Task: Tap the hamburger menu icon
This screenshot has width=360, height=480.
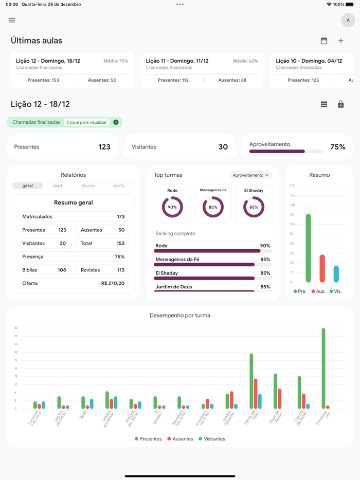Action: [12, 21]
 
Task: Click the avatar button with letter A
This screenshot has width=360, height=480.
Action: [348, 21]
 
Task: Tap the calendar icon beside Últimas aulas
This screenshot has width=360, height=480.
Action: [324, 41]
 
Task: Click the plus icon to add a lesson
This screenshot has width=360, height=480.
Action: [340, 41]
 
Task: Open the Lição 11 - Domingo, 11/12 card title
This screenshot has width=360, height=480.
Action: [177, 61]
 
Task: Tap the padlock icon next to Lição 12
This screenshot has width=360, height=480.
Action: [340, 104]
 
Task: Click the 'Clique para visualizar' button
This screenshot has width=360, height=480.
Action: [87, 122]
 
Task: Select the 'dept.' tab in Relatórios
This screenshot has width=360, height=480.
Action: [58, 186]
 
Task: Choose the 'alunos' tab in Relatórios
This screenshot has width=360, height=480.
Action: [88, 186]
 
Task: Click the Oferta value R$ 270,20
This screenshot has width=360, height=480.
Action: [113, 283]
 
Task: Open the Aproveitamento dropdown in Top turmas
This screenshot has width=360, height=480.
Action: [250, 175]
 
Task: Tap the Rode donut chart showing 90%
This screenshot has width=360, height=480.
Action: [172, 207]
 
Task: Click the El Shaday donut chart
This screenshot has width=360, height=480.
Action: [254, 207]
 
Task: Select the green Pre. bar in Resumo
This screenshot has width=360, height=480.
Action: [308, 248]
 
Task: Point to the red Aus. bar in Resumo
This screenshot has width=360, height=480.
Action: [322, 268]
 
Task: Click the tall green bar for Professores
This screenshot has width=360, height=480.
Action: [323, 368]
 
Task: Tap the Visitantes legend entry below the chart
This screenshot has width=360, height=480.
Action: [212, 439]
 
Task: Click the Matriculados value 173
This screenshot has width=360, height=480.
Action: [120, 217]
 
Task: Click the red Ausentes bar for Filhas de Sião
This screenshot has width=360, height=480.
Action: [256, 394]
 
